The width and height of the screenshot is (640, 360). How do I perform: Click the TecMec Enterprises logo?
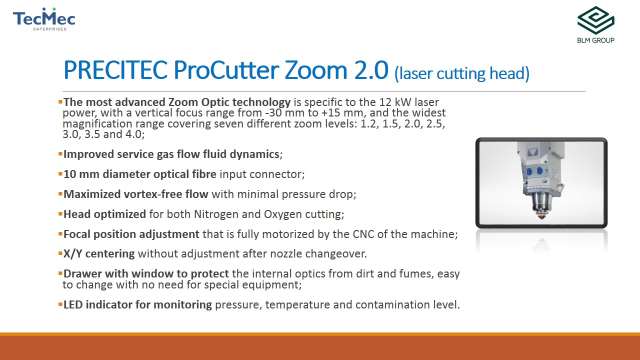[44, 19]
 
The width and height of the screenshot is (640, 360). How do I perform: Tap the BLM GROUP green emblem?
[595, 20]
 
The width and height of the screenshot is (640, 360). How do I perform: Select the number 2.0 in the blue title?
[371, 70]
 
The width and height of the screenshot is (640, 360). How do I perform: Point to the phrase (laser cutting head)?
[461, 73]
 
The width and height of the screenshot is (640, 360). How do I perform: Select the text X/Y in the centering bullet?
[72, 253]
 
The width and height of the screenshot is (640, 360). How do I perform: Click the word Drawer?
[82, 273]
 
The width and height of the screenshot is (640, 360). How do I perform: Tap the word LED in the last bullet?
[73, 304]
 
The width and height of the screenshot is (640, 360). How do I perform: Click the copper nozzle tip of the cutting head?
[541, 216]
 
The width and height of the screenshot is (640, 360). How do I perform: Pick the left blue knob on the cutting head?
[529, 172]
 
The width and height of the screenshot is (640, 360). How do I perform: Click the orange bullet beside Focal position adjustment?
[60, 234]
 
